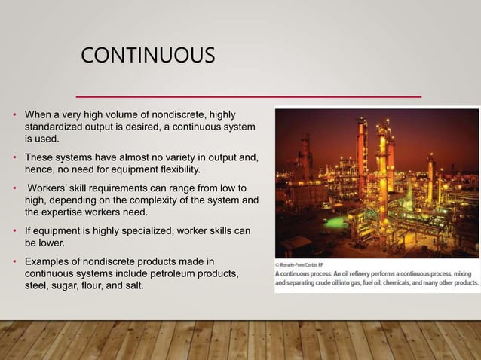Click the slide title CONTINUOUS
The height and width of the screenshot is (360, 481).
(147, 56)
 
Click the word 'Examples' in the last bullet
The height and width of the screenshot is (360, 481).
(47, 260)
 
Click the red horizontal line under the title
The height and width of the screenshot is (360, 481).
(250, 96)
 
